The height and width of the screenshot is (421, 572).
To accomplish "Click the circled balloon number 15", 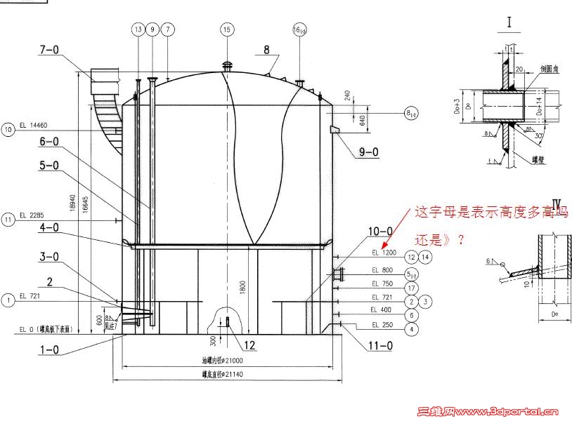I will coord(226,29).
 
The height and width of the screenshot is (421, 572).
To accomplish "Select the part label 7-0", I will coord(51,50).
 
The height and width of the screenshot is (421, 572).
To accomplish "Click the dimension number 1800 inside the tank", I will coord(243,286).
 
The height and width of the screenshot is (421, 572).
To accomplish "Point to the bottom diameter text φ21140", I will coord(221,374).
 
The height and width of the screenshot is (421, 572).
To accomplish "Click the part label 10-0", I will coord(380,230).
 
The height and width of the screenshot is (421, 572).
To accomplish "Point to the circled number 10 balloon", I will coord(8,129).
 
